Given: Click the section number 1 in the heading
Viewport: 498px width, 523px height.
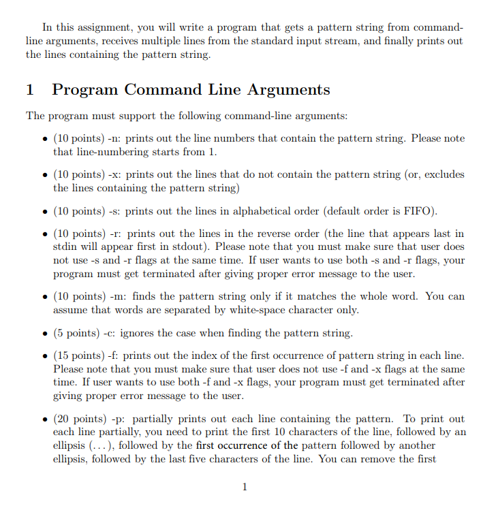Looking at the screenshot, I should click(30, 90).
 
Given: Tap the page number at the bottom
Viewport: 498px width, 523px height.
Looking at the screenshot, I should click(245, 487).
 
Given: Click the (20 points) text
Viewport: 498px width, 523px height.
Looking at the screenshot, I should click(78, 419).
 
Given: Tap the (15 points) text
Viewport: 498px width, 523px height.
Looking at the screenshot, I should click(78, 356).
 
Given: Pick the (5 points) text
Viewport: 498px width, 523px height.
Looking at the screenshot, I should click(75, 333).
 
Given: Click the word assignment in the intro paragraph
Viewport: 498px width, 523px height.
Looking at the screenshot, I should click(100, 28).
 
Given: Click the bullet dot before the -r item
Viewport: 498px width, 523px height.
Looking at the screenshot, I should click(44, 235).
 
